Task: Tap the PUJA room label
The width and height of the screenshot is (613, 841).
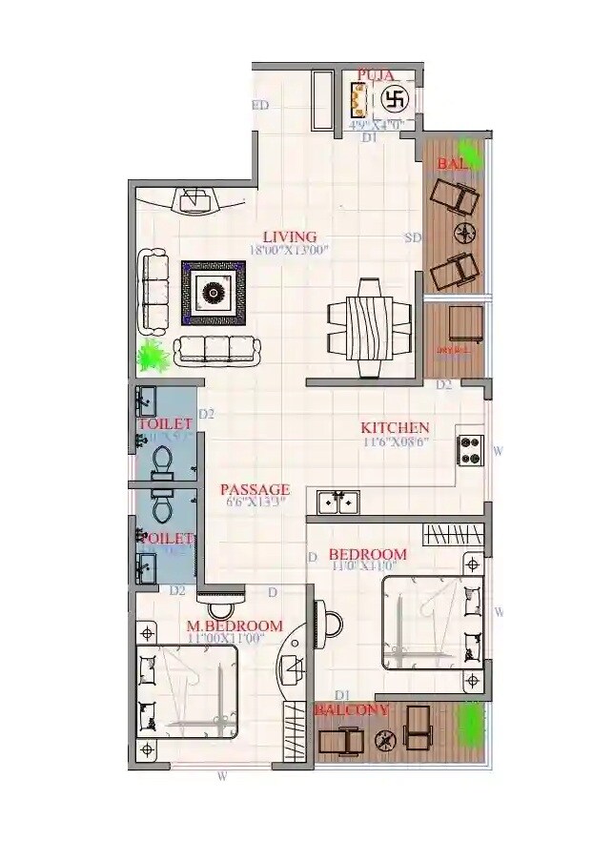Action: (377, 74)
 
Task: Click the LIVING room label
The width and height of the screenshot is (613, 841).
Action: (290, 236)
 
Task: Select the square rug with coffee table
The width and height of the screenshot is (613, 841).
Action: (215, 292)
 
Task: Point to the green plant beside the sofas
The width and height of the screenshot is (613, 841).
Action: (153, 356)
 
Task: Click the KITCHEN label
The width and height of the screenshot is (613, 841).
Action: (394, 428)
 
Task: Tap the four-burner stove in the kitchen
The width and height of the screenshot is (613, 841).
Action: (471, 449)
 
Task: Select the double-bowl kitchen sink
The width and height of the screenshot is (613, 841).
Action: (337, 500)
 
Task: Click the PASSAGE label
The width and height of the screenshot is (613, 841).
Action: (255, 489)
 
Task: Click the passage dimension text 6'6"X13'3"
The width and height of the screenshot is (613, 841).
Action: (255, 502)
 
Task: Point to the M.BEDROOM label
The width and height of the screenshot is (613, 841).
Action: (235, 626)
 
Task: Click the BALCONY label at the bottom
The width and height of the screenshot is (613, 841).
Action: (352, 710)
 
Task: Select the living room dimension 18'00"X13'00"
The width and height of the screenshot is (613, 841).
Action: (289, 251)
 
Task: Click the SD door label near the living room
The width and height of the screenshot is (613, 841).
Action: (413, 237)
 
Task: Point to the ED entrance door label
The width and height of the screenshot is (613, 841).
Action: (259, 106)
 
